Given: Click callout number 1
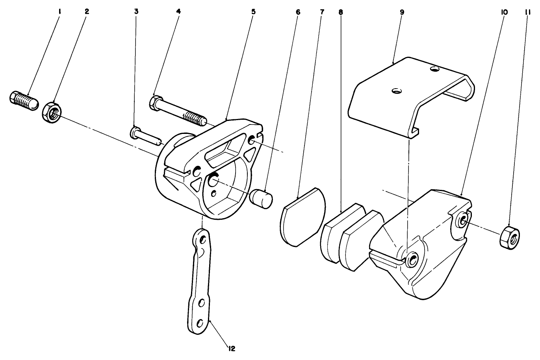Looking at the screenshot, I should click(x=59, y=12).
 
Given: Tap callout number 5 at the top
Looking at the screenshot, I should click(x=253, y=12).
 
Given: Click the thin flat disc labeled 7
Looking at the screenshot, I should click(x=303, y=217).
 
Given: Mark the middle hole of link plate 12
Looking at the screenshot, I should click(x=202, y=303).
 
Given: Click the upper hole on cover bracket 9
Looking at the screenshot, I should click(x=434, y=69).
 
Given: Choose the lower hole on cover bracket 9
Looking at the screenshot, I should click(x=396, y=91).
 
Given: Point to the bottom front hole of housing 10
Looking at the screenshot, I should click(x=412, y=259).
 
